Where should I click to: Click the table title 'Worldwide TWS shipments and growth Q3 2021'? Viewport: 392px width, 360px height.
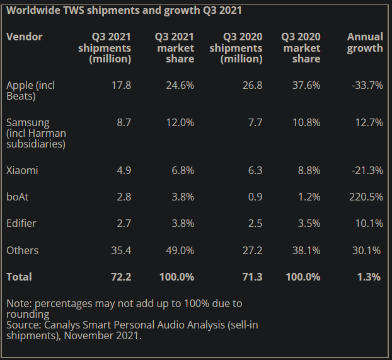[x=124, y=11]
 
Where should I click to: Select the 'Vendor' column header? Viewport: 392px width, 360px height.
[x=25, y=37]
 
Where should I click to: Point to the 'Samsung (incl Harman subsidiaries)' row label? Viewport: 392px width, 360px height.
[x=36, y=133]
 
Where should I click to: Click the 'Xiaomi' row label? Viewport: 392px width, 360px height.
[x=23, y=170]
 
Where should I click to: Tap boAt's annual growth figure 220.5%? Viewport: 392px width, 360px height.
[x=365, y=197]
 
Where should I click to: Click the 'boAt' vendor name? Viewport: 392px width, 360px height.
[x=18, y=197]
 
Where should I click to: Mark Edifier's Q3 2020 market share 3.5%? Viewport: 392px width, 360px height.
[x=306, y=223]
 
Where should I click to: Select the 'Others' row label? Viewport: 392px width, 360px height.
[x=23, y=250]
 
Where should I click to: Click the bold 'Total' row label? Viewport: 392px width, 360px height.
[x=20, y=277]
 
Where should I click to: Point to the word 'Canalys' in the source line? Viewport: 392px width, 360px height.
[x=66, y=325]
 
